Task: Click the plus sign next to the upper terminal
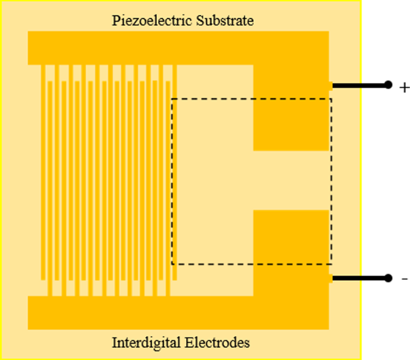[x=404, y=88]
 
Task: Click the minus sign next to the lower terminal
[x=405, y=279]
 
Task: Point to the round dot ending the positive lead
[x=388, y=85]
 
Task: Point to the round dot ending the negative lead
[x=388, y=278]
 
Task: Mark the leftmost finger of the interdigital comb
[x=43, y=173]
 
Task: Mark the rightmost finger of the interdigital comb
[x=175, y=173]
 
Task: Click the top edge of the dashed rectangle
[x=251, y=99]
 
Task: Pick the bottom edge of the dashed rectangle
[x=251, y=264]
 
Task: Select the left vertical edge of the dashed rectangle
[x=172, y=179]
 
